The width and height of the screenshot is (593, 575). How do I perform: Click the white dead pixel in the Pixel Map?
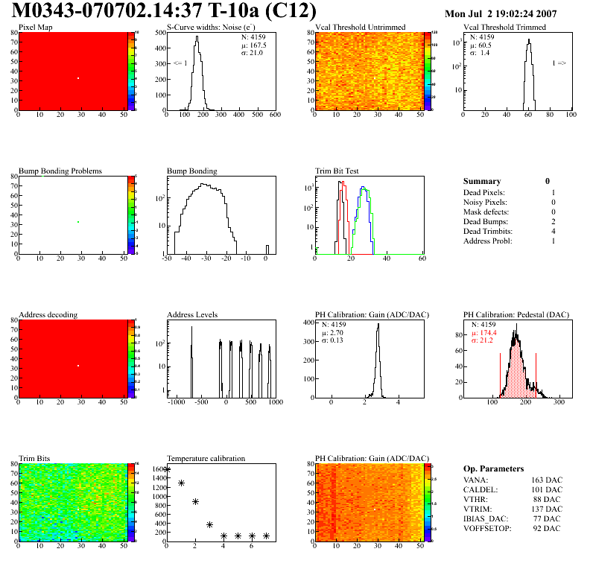tap(77, 78)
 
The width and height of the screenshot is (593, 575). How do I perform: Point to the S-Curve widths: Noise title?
tap(212, 28)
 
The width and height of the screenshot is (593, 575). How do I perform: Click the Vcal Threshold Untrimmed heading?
tap(361, 28)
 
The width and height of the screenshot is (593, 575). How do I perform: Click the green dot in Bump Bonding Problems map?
tap(77, 222)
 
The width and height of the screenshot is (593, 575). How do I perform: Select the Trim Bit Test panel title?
tap(337, 171)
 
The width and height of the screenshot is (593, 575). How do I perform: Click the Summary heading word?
tap(482, 181)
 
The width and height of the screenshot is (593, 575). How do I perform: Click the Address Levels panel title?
tap(192, 315)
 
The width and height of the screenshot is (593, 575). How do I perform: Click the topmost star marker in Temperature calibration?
tap(167, 470)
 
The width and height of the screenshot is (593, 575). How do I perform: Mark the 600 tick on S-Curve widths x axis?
tap(274, 115)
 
